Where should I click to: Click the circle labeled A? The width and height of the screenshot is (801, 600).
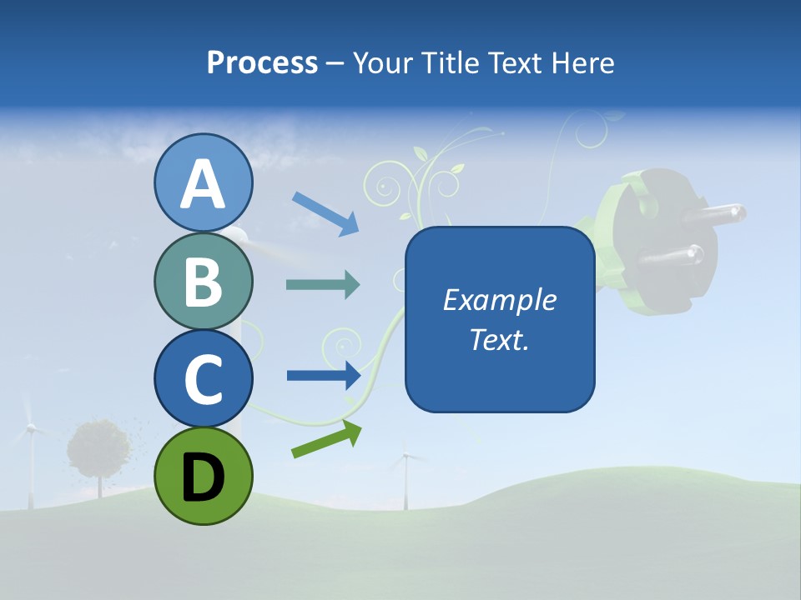click(x=204, y=182)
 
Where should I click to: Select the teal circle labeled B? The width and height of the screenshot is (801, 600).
click(x=204, y=281)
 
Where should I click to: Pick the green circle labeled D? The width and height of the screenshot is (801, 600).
click(x=204, y=476)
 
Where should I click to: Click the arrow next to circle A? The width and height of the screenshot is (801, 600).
click(x=325, y=212)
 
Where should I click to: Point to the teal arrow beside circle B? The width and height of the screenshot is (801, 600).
click(x=323, y=285)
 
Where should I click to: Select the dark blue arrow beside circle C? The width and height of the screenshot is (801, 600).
click(x=324, y=375)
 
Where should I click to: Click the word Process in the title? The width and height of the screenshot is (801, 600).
click(x=262, y=62)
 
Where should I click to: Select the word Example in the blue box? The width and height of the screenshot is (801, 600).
click(x=499, y=300)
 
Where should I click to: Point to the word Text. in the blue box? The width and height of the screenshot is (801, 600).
click(x=499, y=339)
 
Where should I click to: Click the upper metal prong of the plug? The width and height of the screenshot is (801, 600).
click(x=714, y=212)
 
